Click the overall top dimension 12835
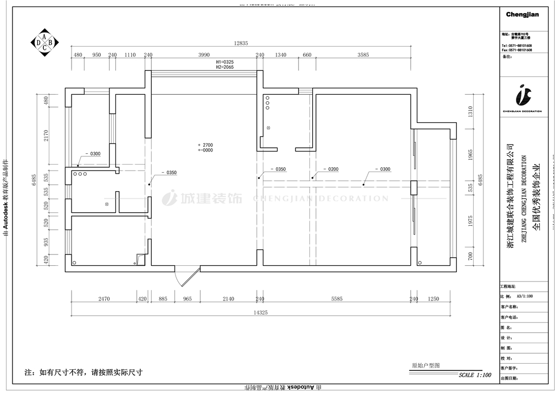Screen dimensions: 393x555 (241, 43)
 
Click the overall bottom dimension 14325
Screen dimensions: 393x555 (261, 312)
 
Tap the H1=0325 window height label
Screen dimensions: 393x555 (224, 62)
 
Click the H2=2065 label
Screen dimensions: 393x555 (224, 67)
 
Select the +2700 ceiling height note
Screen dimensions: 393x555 (206, 145)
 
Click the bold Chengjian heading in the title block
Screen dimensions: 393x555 (522, 15)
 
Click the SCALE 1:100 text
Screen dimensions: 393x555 (475, 375)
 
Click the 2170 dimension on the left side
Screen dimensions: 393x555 (47, 134)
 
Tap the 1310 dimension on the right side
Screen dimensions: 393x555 (470, 112)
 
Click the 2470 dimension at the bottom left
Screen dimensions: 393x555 (104, 299)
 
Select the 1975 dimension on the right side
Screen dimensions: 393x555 (470, 221)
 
